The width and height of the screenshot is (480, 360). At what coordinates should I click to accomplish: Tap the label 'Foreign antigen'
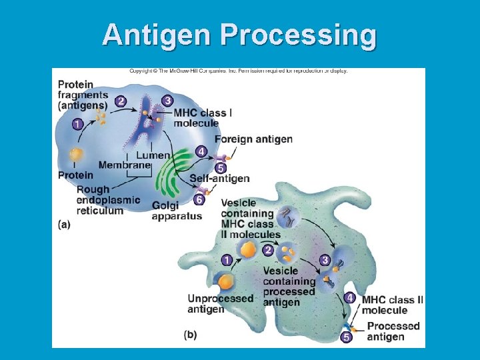253,139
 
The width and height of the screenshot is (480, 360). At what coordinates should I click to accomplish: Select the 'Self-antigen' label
219,179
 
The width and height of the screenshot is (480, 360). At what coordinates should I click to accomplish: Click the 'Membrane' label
124,165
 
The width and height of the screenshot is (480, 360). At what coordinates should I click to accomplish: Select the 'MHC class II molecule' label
392,305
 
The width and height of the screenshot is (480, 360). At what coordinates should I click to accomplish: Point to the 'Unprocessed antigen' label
221,304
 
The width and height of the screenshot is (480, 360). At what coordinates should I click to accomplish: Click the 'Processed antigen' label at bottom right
393,331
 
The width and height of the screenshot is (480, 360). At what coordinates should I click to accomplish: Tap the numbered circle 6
199,199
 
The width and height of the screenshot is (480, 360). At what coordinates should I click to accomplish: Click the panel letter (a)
64,225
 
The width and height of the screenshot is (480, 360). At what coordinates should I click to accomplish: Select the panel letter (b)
190,335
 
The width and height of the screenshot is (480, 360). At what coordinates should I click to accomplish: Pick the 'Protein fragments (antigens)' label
83,95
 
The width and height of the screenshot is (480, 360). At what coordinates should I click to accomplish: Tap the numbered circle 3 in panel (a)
167,100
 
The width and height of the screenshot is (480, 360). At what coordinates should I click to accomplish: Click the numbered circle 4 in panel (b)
349,297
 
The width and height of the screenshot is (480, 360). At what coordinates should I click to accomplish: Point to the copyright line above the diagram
238,71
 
